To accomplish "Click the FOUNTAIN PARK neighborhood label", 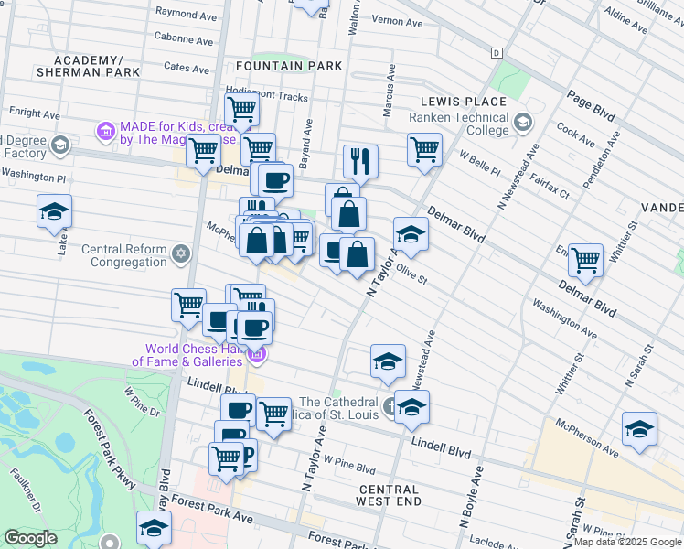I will [289, 66].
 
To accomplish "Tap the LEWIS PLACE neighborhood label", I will [464, 102].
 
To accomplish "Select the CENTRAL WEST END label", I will [389, 496].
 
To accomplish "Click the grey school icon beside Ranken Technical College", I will [522, 122].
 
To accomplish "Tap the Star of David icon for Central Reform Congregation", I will [181, 252].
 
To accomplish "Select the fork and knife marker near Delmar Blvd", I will [360, 161].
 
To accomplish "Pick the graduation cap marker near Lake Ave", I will [54, 210].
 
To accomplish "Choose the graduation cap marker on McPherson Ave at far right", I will [639, 429].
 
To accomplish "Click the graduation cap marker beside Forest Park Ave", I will [154, 526].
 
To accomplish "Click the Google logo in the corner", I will [31, 538].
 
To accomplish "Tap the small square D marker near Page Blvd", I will [497, 53].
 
